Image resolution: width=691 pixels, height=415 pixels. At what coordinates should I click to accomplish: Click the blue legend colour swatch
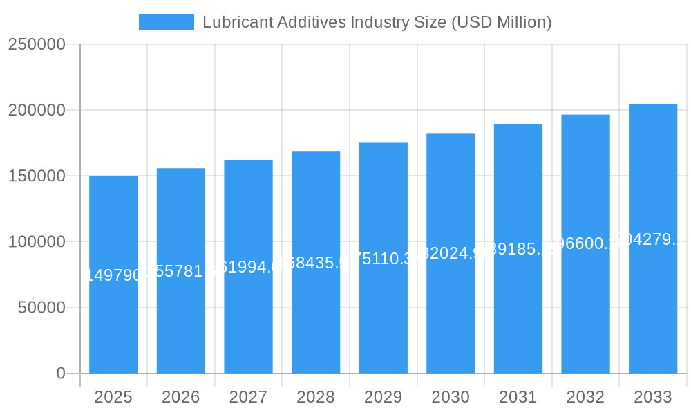click(167, 22)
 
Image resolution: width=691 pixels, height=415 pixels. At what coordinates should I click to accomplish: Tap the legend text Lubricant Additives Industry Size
click(377, 22)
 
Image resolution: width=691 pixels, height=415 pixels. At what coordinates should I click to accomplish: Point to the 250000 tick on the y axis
click(37, 44)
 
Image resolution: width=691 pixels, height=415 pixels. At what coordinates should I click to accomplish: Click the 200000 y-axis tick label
click(37, 110)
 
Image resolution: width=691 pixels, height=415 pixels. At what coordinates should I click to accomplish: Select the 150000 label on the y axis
click(37, 176)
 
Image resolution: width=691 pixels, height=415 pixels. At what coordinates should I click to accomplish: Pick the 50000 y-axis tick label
click(41, 308)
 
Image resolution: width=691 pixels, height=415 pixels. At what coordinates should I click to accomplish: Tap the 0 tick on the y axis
click(61, 373)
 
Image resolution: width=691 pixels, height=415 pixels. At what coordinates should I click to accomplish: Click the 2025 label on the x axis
click(113, 397)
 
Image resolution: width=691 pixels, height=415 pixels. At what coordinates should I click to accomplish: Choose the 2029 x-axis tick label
click(384, 397)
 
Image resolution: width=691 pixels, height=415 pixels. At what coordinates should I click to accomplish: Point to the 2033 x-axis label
click(653, 397)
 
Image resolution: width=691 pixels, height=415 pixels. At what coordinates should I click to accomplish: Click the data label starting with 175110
click(384, 259)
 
